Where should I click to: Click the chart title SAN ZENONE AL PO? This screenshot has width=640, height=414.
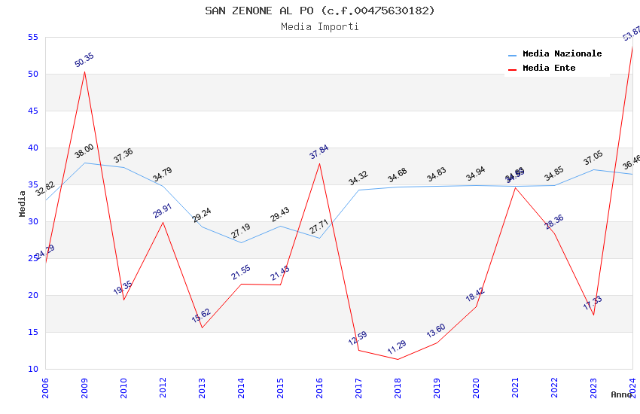pyautogui.click(x=319, y=11)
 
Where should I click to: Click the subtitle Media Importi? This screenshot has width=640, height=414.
pyautogui.click(x=319, y=26)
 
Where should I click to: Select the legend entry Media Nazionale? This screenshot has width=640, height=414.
pyautogui.click(x=562, y=53)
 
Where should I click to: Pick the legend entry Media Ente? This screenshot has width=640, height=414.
pyautogui.click(x=549, y=68)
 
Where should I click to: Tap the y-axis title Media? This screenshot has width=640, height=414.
pyautogui.click(x=23, y=203)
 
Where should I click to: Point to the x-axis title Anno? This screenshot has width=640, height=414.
pyautogui.click(x=621, y=394)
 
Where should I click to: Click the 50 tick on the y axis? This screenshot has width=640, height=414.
pyautogui.click(x=32, y=74)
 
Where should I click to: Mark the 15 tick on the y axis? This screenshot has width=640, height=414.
pyautogui.click(x=32, y=332)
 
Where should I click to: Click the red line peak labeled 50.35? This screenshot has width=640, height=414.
pyautogui.click(x=84, y=72)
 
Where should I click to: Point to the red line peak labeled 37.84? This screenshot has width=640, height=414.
pyautogui.click(x=319, y=163)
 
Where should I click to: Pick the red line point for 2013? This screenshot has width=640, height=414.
pyautogui.click(x=202, y=327)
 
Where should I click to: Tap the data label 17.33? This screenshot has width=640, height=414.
pyautogui.click(x=593, y=303)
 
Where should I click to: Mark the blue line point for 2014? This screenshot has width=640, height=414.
pyautogui.click(x=241, y=242)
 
